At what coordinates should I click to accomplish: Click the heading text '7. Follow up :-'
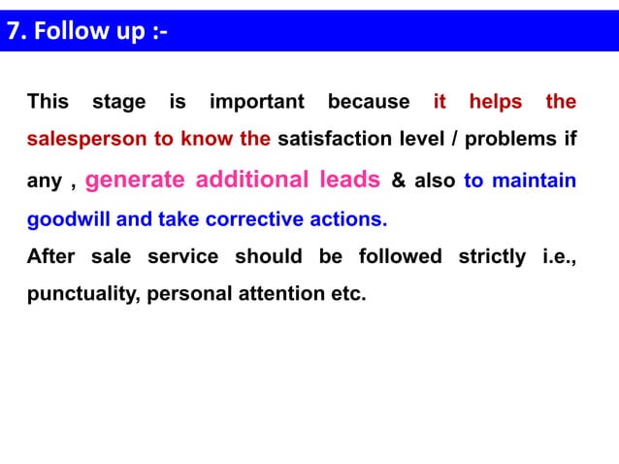point(87,31)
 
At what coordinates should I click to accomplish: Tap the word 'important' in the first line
point(257,102)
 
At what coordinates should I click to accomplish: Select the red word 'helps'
point(495,102)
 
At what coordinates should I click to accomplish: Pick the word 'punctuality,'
point(82,294)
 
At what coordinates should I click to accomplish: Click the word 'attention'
point(282,294)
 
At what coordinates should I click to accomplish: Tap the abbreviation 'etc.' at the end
point(347,294)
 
